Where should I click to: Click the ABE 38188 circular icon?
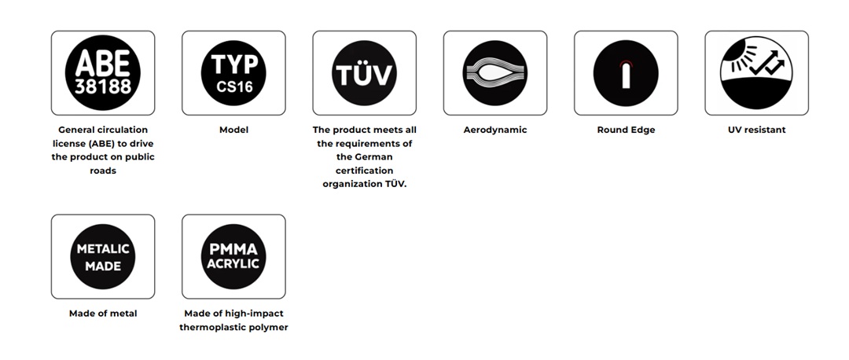pyautogui.click(x=103, y=73)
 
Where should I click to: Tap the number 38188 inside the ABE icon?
pyautogui.click(x=103, y=86)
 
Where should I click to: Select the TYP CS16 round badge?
pyautogui.click(x=233, y=73)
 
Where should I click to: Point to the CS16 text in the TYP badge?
pyautogui.click(x=234, y=86)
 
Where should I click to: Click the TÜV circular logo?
pyautogui.click(x=365, y=73)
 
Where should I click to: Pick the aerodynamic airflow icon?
pyautogui.click(x=495, y=73)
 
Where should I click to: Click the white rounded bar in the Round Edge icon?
pyautogui.click(x=626, y=75)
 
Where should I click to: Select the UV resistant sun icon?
pyautogui.click(x=756, y=73)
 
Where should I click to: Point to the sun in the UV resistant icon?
pyautogui.click(x=733, y=51)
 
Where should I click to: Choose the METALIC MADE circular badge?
pyautogui.click(x=103, y=256)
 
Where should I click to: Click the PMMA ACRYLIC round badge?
pyautogui.click(x=233, y=256)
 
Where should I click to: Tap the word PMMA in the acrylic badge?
pyautogui.click(x=233, y=249)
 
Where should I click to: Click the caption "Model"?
pyautogui.click(x=234, y=130)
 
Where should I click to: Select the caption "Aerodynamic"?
pyautogui.click(x=495, y=130)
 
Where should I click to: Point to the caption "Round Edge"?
pyautogui.click(x=626, y=130)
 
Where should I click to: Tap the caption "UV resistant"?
pyautogui.click(x=756, y=130)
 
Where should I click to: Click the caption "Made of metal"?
pyautogui.click(x=103, y=314)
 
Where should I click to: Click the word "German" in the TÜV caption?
pyautogui.click(x=373, y=157)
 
